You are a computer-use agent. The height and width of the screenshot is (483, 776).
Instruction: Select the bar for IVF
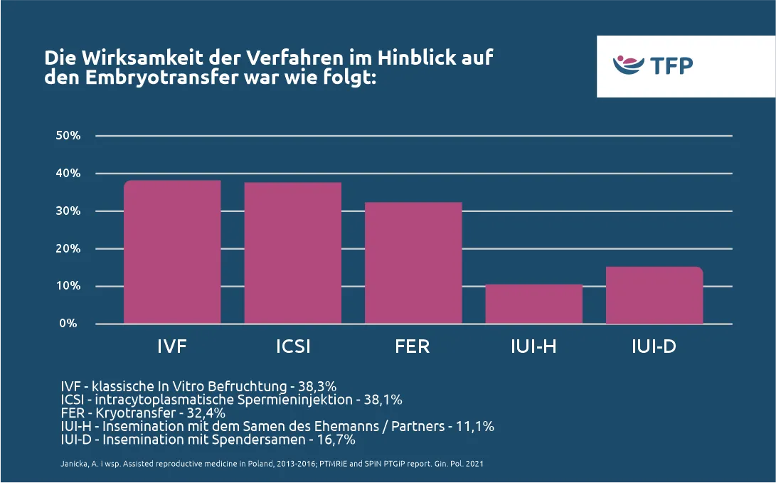pyautogui.click(x=172, y=252)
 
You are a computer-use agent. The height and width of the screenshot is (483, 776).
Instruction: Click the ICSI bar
pyautogui.click(x=292, y=253)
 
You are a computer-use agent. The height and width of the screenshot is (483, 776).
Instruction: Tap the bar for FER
pyautogui.click(x=413, y=262)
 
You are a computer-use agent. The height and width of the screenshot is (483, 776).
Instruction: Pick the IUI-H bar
pyautogui.click(x=533, y=304)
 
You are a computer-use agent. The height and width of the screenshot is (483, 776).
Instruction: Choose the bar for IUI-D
pyautogui.click(x=654, y=295)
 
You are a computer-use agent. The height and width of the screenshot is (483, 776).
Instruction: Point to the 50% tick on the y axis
pyautogui.click(x=68, y=136)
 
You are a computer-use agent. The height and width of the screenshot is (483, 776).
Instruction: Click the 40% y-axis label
pyautogui.click(x=68, y=174)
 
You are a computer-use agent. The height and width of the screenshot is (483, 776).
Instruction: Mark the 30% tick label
pyautogui.click(x=68, y=211)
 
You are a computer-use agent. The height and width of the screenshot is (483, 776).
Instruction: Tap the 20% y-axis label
pyautogui.click(x=68, y=249)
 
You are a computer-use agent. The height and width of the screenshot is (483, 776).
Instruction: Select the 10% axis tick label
pyautogui.click(x=68, y=286)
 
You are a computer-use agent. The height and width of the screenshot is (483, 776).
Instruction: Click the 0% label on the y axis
pyautogui.click(x=68, y=324)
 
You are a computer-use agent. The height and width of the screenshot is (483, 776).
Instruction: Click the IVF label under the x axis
pyautogui.click(x=172, y=347)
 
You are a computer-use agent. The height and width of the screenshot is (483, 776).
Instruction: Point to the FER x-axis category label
pyautogui.click(x=413, y=347)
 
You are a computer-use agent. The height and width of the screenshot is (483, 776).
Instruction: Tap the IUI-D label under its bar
pyautogui.click(x=654, y=347)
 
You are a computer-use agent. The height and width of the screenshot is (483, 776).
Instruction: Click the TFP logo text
pyautogui.click(x=671, y=66)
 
